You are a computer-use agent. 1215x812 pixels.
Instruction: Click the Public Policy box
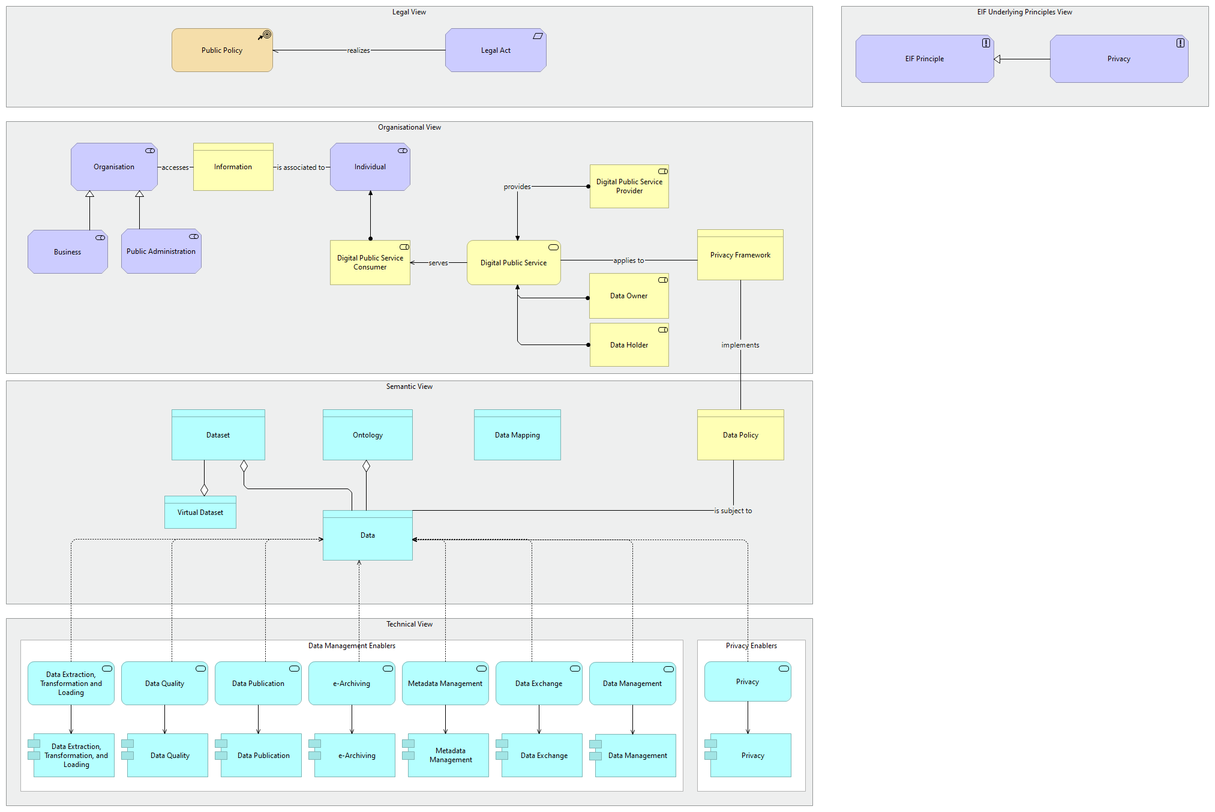(222, 50)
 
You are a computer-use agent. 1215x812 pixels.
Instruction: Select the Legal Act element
(496, 50)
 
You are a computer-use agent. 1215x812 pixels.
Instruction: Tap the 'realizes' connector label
(358, 50)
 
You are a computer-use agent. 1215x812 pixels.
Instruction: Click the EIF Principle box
(924, 59)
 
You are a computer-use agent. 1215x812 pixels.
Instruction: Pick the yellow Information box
(233, 167)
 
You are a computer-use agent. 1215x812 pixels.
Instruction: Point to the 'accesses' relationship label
(175, 167)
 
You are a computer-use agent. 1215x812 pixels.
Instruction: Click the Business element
(67, 252)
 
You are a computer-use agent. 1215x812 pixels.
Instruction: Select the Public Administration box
(161, 251)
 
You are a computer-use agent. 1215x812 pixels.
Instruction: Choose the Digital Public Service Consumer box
(370, 263)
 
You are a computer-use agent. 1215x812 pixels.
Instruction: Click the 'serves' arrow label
(438, 263)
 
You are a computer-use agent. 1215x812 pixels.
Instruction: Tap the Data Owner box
(629, 296)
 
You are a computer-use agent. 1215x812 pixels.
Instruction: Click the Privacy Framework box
(740, 255)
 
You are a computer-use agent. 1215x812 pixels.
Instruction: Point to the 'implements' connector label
(740, 345)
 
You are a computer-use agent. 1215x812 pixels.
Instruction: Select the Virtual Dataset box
(200, 513)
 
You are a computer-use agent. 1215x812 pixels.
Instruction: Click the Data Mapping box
(517, 435)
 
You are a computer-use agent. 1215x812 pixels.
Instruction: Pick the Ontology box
(367, 435)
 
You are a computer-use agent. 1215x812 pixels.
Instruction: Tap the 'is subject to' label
(733, 511)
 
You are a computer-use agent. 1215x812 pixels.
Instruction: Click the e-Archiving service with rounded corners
(352, 684)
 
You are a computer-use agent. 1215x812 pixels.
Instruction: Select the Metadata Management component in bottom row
(450, 756)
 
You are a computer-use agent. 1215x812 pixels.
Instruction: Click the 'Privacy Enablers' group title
(751, 646)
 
